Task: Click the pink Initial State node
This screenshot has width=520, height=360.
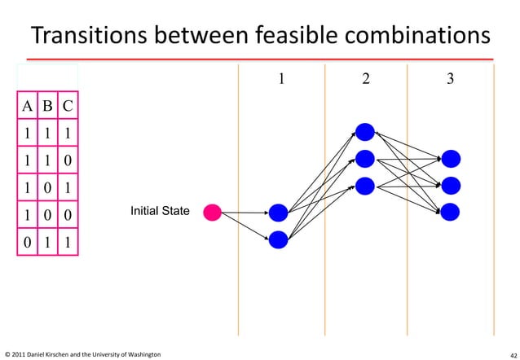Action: pos(212,213)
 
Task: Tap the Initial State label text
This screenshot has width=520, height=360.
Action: pos(160,212)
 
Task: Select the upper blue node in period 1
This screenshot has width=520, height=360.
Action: pos(279,213)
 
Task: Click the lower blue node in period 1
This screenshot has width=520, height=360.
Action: pos(279,239)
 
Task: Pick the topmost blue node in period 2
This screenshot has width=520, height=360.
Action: pos(364,133)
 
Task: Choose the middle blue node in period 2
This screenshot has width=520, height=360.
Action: pos(364,159)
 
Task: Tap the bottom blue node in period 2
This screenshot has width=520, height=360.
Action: pos(364,185)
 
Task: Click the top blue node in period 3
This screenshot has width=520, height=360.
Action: pos(451,159)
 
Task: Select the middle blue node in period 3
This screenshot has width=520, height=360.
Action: pos(451,185)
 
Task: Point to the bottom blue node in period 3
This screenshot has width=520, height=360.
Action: pos(451,212)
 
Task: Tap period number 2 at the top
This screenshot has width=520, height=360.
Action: pos(365,79)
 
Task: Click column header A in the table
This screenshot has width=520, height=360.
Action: pos(29,106)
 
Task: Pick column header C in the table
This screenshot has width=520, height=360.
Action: pos(67,106)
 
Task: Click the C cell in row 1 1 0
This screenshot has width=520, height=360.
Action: pos(67,160)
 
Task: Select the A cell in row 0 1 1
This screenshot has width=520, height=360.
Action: pos(29,242)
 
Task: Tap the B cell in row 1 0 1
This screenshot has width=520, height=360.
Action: pos(48,187)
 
